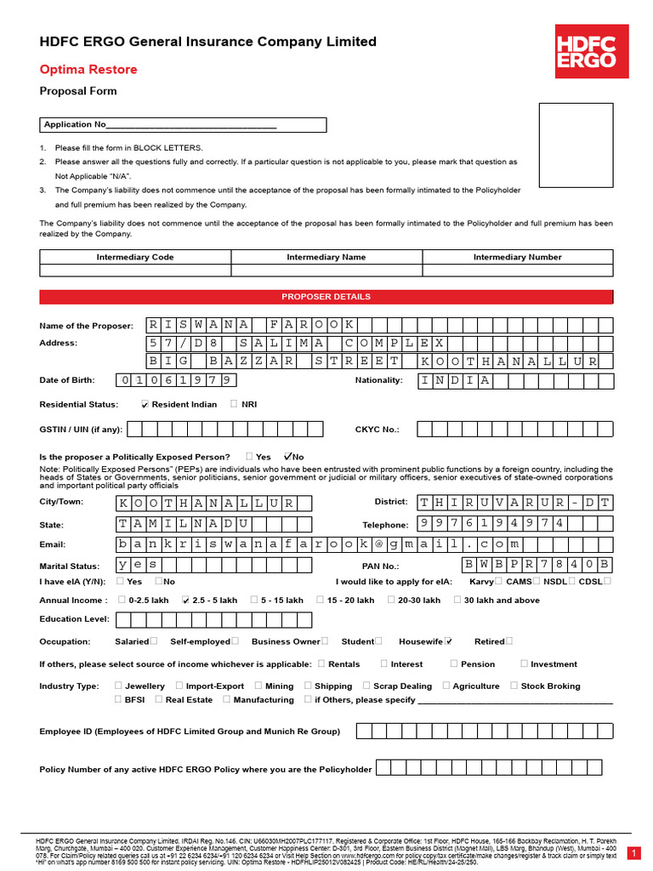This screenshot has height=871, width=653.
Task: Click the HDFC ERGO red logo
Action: coord(586,51)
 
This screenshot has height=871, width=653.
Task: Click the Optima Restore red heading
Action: coord(88,70)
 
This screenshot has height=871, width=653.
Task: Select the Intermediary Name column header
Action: coord(326,257)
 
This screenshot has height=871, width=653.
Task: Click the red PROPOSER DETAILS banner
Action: coord(326,297)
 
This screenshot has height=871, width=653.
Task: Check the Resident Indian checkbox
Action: coord(145,405)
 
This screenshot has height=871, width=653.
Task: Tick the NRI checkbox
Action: coord(234,404)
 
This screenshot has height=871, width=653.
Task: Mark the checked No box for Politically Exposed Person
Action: coord(288,456)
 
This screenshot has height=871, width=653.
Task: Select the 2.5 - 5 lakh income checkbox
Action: coord(185,600)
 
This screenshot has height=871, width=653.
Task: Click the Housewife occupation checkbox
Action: coord(448,641)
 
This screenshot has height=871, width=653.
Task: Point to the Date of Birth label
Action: coord(67,380)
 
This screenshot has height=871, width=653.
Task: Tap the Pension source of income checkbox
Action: coord(454,663)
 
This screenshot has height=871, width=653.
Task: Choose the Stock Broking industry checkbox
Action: coord(514,686)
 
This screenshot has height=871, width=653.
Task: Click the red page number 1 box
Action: coord(633,852)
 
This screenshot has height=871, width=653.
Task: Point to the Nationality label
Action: coord(378,380)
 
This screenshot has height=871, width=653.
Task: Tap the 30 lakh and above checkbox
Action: coord(457,600)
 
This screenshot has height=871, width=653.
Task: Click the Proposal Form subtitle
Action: coord(78,91)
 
